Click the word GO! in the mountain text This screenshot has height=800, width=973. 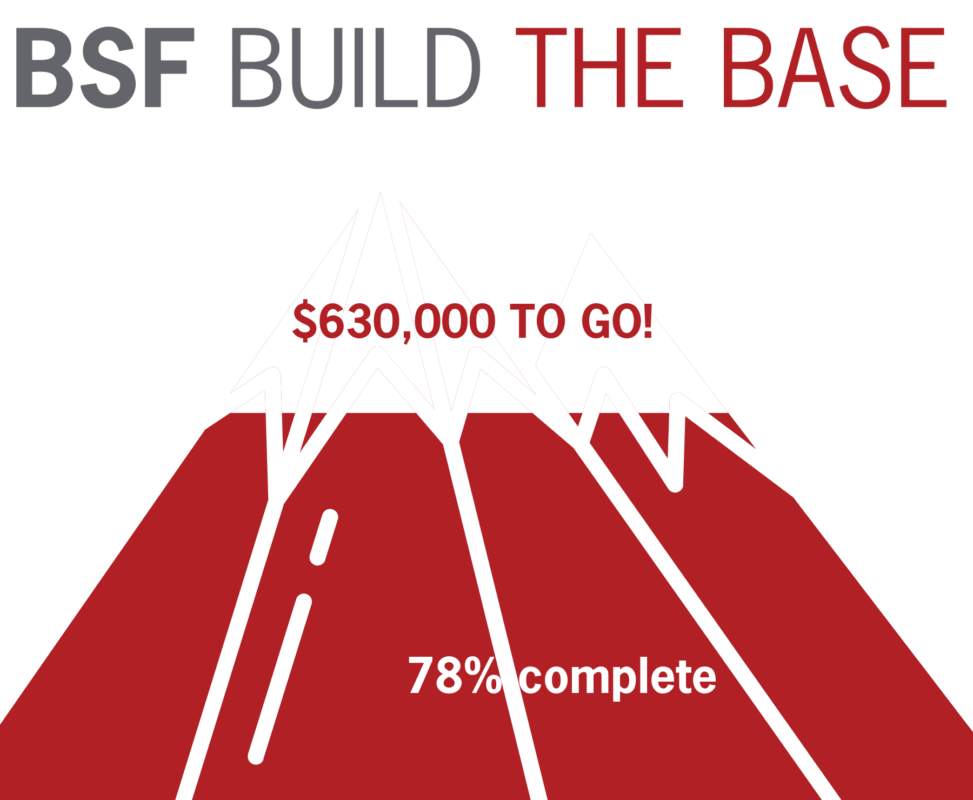[616, 321]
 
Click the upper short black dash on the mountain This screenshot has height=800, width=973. [324, 537]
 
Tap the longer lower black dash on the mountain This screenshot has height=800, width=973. [280, 678]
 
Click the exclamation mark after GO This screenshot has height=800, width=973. [647, 321]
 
